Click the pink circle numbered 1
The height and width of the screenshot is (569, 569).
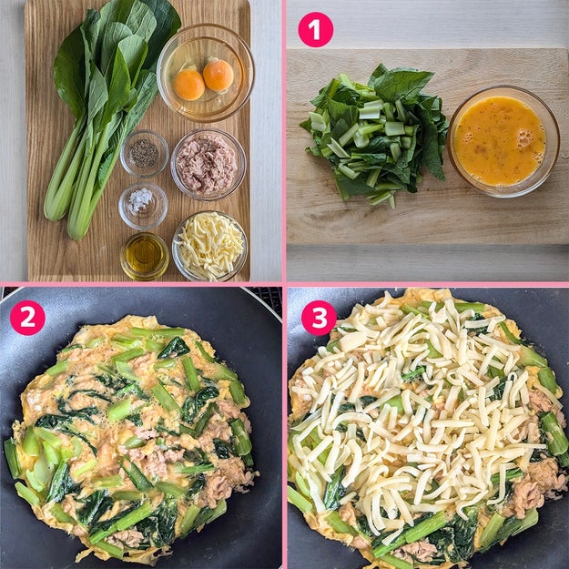(x=315, y=30)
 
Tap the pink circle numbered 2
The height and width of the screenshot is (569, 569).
(x=27, y=318)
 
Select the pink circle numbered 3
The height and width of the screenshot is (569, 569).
(x=319, y=318)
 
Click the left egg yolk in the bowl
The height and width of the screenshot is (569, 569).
(x=188, y=85)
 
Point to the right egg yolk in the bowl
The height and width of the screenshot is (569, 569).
(x=218, y=76)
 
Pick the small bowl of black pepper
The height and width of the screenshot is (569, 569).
(x=145, y=154)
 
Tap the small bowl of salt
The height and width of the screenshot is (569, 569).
(x=143, y=206)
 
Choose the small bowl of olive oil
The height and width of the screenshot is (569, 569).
(x=145, y=256)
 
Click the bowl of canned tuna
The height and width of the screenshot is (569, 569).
(x=208, y=165)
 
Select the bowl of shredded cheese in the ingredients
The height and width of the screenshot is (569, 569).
(x=209, y=247)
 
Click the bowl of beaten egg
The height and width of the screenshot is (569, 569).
(x=503, y=141)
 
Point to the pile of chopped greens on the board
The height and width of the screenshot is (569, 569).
(x=374, y=134)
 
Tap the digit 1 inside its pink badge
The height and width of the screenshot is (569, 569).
(x=316, y=30)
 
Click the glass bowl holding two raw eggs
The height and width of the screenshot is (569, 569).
(x=206, y=73)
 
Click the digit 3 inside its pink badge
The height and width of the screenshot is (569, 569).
(x=319, y=318)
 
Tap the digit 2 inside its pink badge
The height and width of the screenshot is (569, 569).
(x=27, y=318)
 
